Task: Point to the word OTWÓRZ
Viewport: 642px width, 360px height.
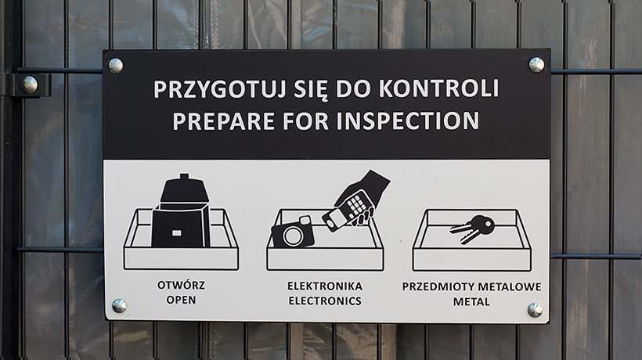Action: click(x=181, y=285)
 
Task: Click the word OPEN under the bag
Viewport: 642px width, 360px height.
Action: click(x=181, y=300)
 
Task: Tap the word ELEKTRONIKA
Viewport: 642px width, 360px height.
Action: click(x=325, y=286)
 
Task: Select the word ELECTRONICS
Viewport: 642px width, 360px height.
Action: click(x=325, y=301)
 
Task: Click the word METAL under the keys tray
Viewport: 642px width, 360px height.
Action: click(x=471, y=302)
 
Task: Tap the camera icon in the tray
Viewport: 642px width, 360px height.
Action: click(x=292, y=232)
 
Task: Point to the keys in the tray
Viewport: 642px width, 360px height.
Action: click(x=472, y=229)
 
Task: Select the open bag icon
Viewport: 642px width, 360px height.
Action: click(x=181, y=212)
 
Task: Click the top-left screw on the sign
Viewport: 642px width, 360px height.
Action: click(x=115, y=66)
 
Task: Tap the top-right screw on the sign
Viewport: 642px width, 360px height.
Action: click(x=536, y=65)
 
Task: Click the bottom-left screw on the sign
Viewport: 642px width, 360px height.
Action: click(x=119, y=305)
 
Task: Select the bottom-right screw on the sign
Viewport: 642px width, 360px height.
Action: click(x=535, y=310)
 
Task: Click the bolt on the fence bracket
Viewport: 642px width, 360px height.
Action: click(x=29, y=85)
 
